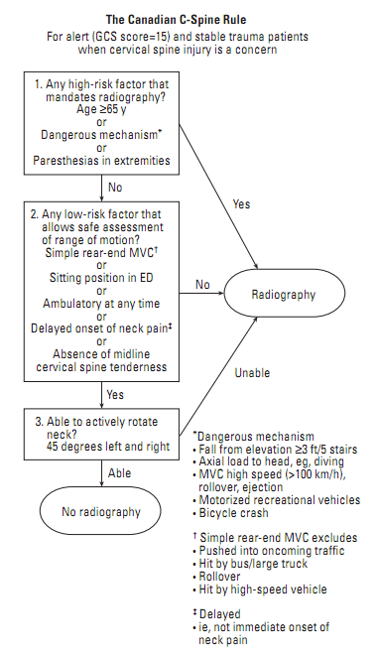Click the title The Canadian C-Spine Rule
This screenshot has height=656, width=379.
pos(189,18)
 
